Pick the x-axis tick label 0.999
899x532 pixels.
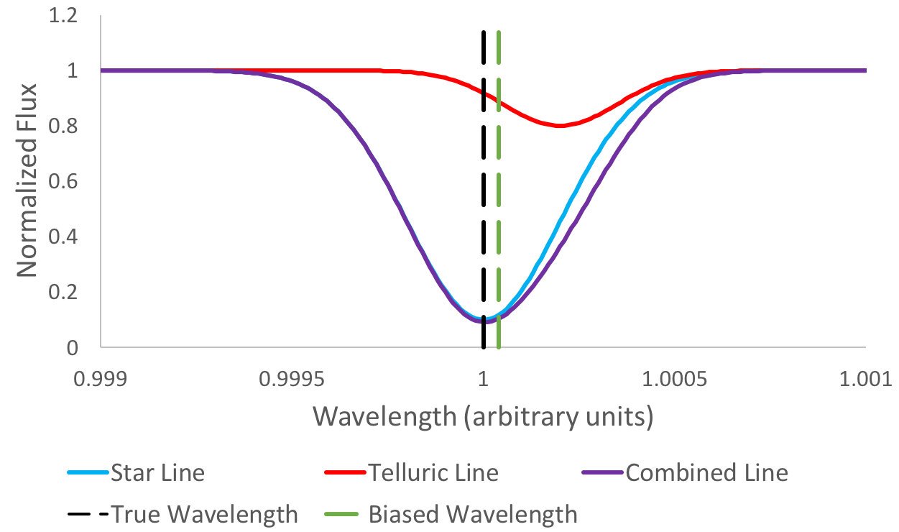click(x=101, y=378)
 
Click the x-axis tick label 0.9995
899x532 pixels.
click(x=292, y=378)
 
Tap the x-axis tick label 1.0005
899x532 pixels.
click(x=674, y=378)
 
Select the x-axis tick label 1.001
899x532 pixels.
click(x=865, y=378)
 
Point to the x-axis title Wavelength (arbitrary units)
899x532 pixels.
click(x=483, y=416)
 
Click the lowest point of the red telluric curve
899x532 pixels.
click(x=560, y=126)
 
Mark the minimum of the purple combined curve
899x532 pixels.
click(x=484, y=321)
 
